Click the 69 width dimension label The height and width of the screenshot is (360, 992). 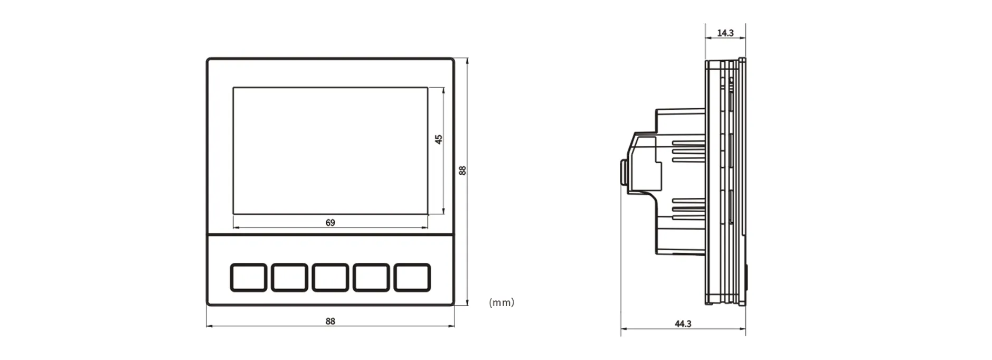pyautogui.click(x=330, y=223)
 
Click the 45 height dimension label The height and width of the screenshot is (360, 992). pyautogui.click(x=438, y=139)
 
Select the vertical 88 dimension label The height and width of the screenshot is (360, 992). pyautogui.click(x=462, y=170)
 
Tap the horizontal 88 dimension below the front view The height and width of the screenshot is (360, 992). pyautogui.click(x=330, y=321)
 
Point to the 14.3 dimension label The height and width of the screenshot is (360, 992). pyautogui.click(x=725, y=33)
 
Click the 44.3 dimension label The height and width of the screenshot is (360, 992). pyautogui.click(x=683, y=324)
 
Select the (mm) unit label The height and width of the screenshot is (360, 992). pyautogui.click(x=501, y=302)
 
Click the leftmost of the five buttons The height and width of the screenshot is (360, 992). pyautogui.click(x=248, y=277)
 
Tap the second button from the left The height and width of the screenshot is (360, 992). pyautogui.click(x=289, y=277)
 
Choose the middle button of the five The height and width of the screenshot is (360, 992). pyautogui.click(x=330, y=277)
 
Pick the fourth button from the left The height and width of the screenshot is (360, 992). pyautogui.click(x=371, y=277)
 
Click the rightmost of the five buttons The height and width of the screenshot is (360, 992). pyautogui.click(x=412, y=277)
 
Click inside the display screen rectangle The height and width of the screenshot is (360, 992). pyautogui.click(x=330, y=150)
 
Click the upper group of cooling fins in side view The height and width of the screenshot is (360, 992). pyautogui.click(x=688, y=151)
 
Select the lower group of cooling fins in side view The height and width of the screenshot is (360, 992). pyautogui.click(x=688, y=209)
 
